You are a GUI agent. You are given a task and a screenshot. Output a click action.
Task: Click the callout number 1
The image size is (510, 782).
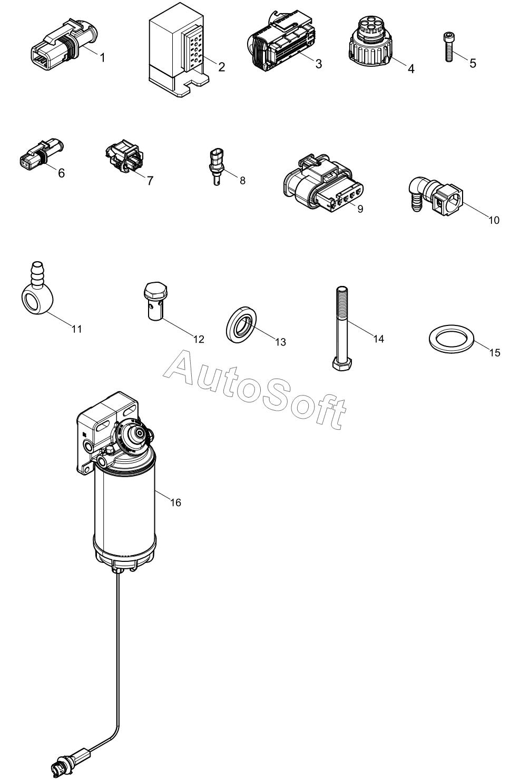click(103, 58)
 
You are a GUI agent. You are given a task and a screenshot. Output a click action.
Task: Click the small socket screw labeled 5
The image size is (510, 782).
click(448, 47)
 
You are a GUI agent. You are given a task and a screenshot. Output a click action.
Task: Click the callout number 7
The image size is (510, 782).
click(150, 181)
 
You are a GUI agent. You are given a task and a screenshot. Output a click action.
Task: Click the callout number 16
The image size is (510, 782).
click(175, 502)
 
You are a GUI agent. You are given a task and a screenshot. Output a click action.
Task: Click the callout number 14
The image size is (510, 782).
click(379, 339)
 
